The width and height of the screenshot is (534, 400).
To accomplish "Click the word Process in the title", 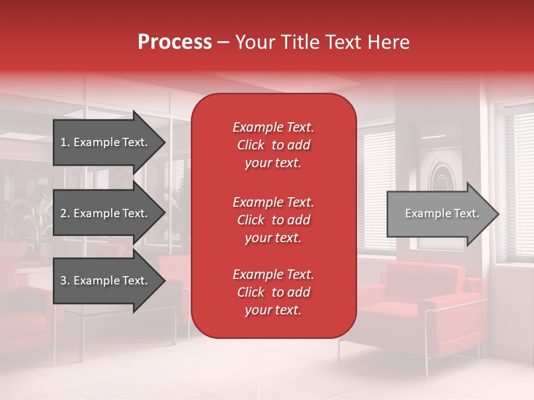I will click(175, 42).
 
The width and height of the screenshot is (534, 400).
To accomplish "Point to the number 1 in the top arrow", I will click(63, 142).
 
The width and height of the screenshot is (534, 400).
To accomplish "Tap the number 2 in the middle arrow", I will click(63, 213).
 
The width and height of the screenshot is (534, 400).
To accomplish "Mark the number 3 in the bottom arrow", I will click(63, 281).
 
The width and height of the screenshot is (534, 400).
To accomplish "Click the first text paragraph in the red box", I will click(273, 145).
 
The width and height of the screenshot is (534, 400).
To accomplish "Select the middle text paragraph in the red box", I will click(273, 220).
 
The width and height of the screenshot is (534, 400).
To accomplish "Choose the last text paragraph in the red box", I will click(273, 292).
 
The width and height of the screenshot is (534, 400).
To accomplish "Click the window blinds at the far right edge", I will click(520, 178).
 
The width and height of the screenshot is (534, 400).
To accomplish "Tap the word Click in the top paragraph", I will click(251, 145).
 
